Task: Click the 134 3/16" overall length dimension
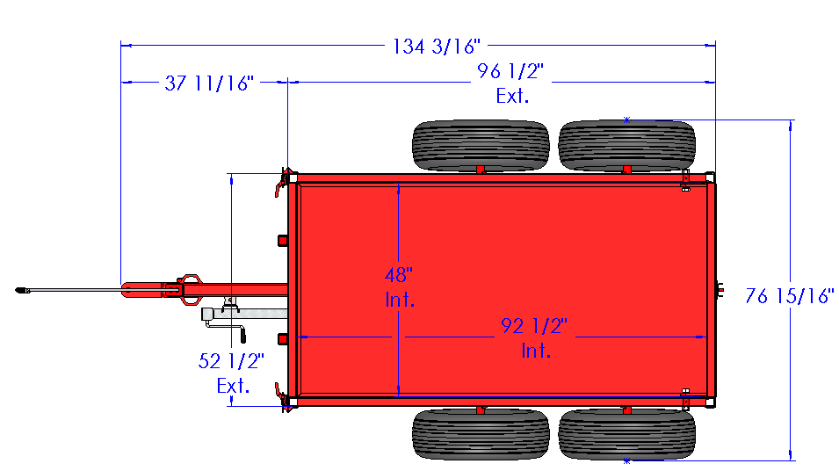point(437,47)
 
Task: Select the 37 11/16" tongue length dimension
point(209,83)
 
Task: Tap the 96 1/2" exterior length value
point(510,71)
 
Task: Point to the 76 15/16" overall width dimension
point(790,296)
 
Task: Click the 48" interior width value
point(399,275)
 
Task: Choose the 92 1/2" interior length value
point(534,326)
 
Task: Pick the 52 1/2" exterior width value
point(231,361)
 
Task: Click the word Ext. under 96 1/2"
point(512,97)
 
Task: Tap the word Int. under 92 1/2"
point(536,351)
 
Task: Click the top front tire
point(481,145)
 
